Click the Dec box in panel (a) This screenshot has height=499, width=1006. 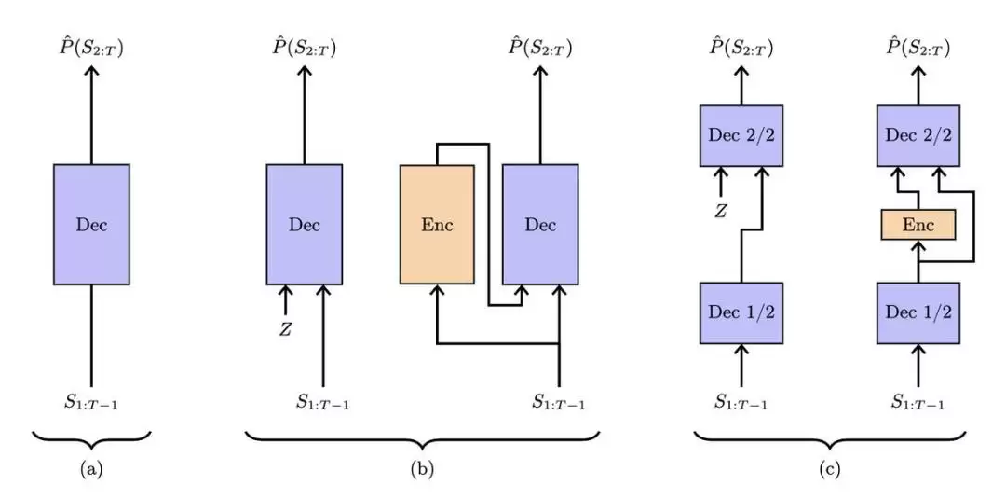[x=91, y=224]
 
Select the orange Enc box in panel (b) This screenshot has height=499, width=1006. [x=437, y=224]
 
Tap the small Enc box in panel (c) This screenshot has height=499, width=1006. [x=918, y=224]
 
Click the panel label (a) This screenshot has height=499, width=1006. [x=91, y=470]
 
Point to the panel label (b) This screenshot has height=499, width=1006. [x=422, y=470]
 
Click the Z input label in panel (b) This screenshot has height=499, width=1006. [x=285, y=328]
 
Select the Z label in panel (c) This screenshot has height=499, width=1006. [x=720, y=211]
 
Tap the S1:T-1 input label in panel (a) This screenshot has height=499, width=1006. [x=91, y=403]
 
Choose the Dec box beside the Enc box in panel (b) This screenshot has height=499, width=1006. [x=540, y=224]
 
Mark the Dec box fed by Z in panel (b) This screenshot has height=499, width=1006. [x=305, y=224]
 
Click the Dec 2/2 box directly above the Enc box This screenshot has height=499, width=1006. [x=918, y=136]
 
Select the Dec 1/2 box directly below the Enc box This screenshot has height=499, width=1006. [x=918, y=312]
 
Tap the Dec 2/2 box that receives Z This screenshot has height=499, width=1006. [x=741, y=136]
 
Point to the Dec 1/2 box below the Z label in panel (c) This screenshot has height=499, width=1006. [x=741, y=312]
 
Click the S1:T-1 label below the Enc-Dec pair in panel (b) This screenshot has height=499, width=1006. [x=559, y=403]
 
